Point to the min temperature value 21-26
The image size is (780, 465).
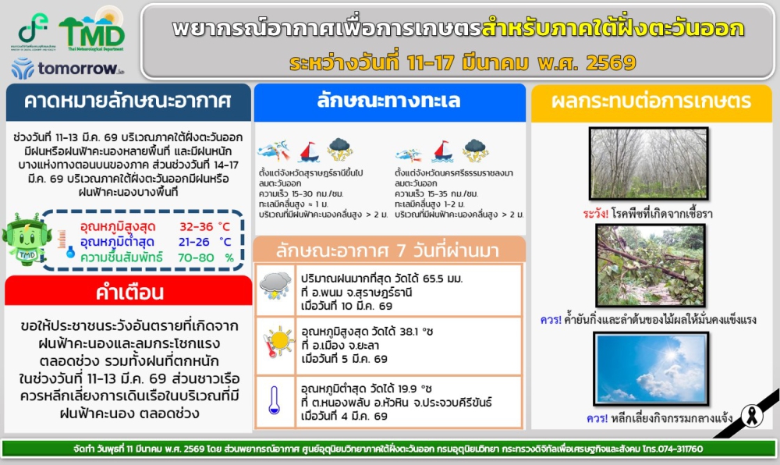(x=197, y=241)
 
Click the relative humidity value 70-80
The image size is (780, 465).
(x=197, y=257)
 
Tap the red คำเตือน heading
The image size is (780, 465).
(x=129, y=293)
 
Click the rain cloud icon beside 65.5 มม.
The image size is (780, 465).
(x=275, y=286)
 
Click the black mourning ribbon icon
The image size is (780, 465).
(x=752, y=413)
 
